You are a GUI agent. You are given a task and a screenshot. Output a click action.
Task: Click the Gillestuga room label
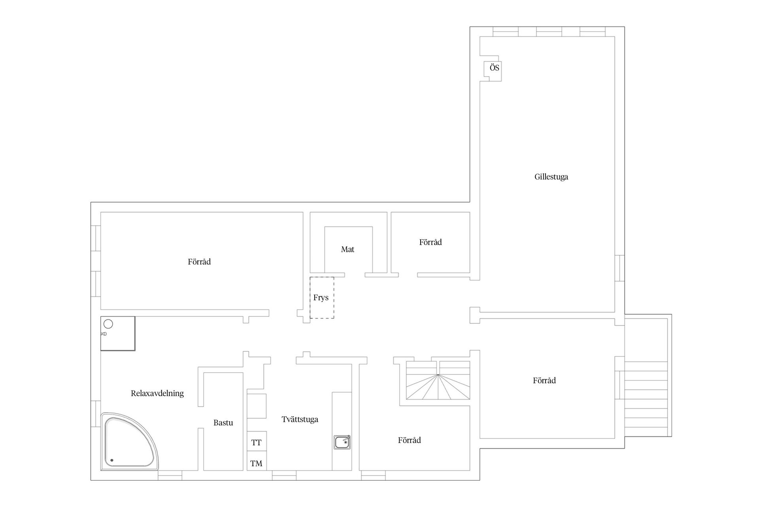(x=551, y=177)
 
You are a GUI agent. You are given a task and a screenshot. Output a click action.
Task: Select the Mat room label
(x=347, y=249)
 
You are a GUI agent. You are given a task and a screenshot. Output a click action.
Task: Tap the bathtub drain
(x=112, y=460)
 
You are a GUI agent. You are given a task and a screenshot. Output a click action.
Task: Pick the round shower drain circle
(x=108, y=324)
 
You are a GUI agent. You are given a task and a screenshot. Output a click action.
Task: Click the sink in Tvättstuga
(x=342, y=442)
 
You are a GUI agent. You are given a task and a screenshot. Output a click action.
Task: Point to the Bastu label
(x=223, y=423)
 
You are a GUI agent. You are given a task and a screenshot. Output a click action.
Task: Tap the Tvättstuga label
(x=300, y=419)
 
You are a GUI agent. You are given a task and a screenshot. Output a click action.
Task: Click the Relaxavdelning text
(x=157, y=393)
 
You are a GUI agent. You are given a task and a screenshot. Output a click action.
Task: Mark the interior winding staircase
(x=438, y=380)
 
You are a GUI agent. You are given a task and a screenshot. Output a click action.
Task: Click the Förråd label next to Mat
(x=430, y=242)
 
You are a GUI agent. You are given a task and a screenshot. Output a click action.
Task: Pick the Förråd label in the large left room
(x=199, y=262)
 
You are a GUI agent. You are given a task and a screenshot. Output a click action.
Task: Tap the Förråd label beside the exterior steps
(x=544, y=381)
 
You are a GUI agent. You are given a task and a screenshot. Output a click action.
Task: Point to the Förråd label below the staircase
(x=410, y=440)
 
